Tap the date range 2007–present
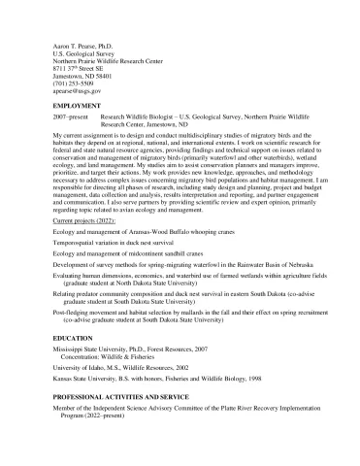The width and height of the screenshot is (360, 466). (x=70, y=115)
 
